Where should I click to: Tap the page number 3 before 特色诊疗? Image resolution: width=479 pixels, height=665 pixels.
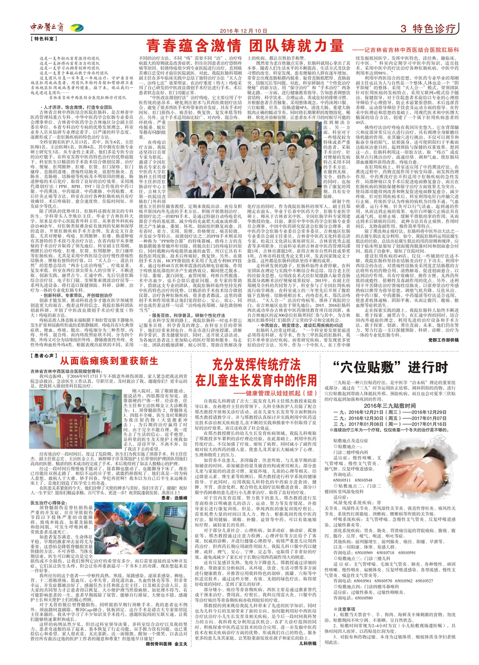click(403, 29)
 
